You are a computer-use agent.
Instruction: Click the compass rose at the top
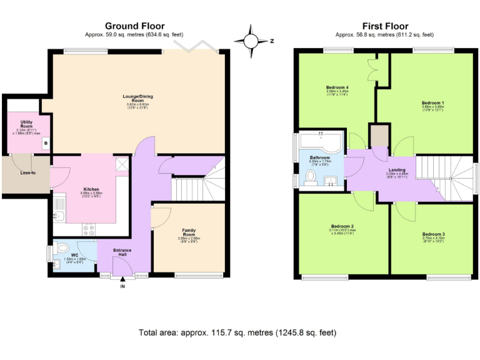point(251,41)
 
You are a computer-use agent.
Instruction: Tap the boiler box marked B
point(45,144)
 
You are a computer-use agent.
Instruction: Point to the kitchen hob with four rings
point(88,231)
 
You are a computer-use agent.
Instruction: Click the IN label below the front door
point(122,286)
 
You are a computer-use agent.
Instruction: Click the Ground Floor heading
point(134,26)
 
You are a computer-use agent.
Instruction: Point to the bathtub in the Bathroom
point(319,143)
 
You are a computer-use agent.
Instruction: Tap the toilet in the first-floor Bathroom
point(311,178)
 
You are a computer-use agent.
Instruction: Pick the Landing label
point(397,170)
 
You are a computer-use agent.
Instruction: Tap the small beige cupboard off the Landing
point(379,136)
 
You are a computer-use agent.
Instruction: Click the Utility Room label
point(26,122)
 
